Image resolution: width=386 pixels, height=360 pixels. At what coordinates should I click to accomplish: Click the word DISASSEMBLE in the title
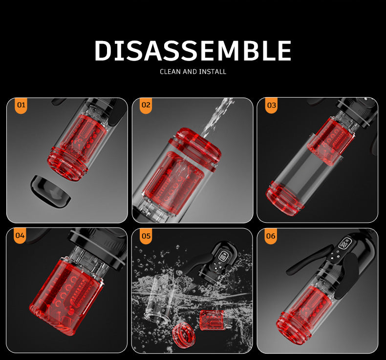point(193,50)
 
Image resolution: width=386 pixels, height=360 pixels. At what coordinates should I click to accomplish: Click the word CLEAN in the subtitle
point(170,72)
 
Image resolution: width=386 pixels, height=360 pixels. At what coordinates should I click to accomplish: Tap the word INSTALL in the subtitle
point(213,72)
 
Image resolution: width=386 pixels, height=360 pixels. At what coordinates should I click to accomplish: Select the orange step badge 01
point(21,106)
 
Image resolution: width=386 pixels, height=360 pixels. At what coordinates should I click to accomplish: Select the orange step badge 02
point(146,106)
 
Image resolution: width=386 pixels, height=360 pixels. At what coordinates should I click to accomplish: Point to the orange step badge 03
point(271,106)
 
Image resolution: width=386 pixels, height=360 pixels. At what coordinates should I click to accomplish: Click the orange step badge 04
point(20,236)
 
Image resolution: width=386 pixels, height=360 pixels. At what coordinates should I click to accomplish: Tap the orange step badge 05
point(146,236)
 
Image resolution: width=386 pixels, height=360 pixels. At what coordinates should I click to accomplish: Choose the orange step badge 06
point(271,236)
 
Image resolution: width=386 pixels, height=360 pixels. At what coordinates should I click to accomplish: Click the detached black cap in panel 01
point(50,191)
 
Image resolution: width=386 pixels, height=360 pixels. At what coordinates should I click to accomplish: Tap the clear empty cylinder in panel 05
point(160,298)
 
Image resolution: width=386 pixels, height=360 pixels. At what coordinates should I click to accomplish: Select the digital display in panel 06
point(344,244)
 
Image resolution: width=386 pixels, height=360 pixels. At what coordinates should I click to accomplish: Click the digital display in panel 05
point(223,256)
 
